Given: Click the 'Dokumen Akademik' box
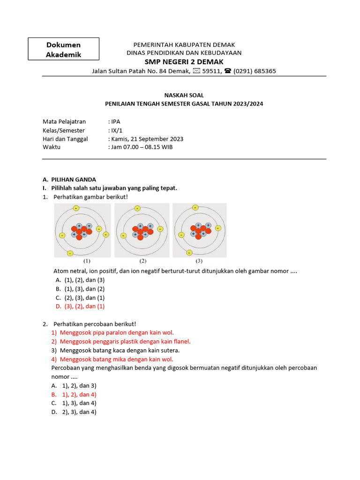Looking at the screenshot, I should (63, 49).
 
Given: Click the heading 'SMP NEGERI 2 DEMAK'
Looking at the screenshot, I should (184, 62).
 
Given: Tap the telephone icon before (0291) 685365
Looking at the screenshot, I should (228, 71).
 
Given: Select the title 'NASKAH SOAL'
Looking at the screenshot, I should (184, 95).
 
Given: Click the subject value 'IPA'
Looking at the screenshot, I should (113, 121).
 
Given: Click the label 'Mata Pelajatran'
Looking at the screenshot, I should (64, 121).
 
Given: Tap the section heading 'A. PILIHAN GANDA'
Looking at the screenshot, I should (69, 179).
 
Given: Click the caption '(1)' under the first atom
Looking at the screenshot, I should (87, 261).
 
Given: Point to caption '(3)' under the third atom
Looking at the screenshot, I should (199, 261).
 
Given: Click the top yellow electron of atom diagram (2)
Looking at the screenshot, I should (137, 208).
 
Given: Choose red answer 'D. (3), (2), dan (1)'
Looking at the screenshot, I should (80, 306).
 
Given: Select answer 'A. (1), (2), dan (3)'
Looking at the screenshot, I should (80, 280).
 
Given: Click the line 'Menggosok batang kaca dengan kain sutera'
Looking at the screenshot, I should (115, 350).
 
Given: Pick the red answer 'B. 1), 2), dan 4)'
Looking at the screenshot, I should (74, 394).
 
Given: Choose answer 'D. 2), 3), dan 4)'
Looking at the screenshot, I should (74, 412).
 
